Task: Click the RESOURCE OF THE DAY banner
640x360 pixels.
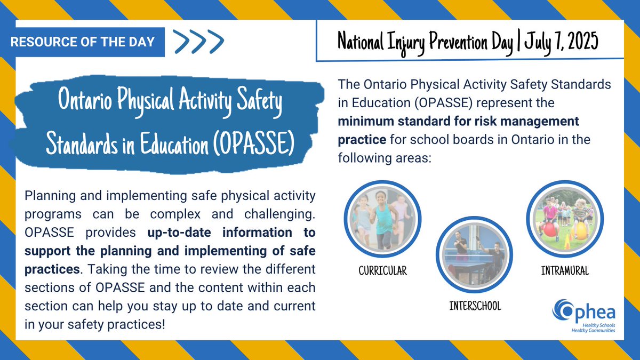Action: (82, 42)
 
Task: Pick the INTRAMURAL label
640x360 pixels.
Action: (565, 271)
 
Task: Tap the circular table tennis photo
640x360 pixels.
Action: (474, 254)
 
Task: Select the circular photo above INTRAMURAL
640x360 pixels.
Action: (565, 219)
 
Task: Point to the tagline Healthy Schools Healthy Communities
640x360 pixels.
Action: (593, 328)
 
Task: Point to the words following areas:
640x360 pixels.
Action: (384, 158)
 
